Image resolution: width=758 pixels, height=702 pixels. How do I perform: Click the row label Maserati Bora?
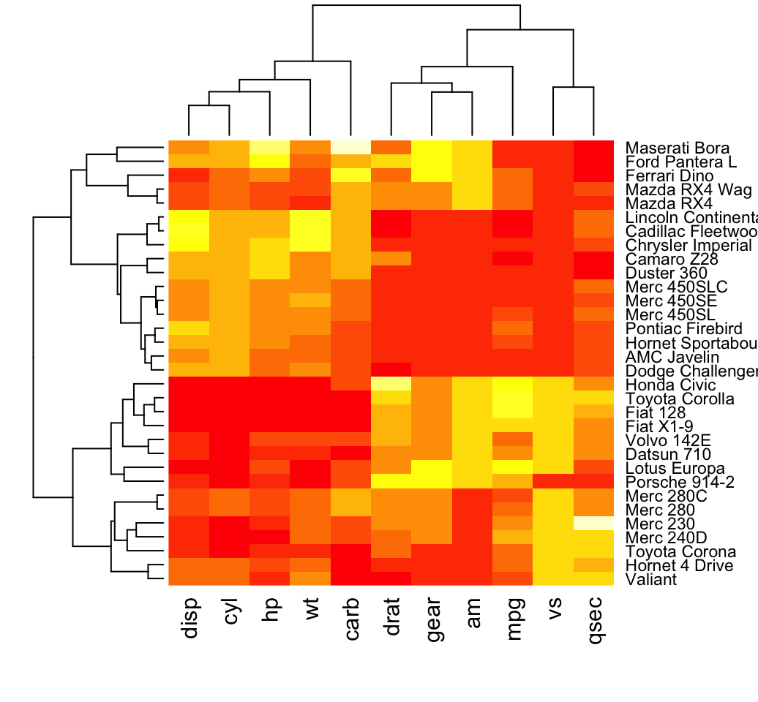(672, 147)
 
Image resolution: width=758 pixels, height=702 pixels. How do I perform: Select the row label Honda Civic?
(669, 385)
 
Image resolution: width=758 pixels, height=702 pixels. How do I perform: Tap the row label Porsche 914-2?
(680, 482)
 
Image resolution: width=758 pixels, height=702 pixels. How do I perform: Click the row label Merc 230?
(659, 524)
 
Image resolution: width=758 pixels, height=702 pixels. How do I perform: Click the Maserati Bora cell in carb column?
(351, 147)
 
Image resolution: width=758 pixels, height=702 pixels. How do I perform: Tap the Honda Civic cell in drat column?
(392, 384)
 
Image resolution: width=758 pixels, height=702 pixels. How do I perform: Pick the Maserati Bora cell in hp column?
(270, 147)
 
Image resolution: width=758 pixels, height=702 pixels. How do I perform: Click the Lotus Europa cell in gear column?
(432, 468)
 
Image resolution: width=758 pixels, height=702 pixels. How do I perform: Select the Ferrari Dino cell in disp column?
(189, 175)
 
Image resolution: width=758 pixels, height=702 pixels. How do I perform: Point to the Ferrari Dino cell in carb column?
(351, 175)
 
